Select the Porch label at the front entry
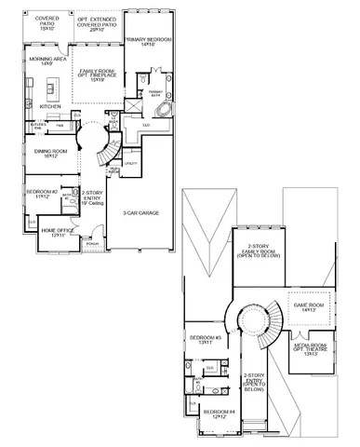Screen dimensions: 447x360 coord(92,245)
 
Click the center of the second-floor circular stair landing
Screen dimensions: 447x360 coord(251,322)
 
